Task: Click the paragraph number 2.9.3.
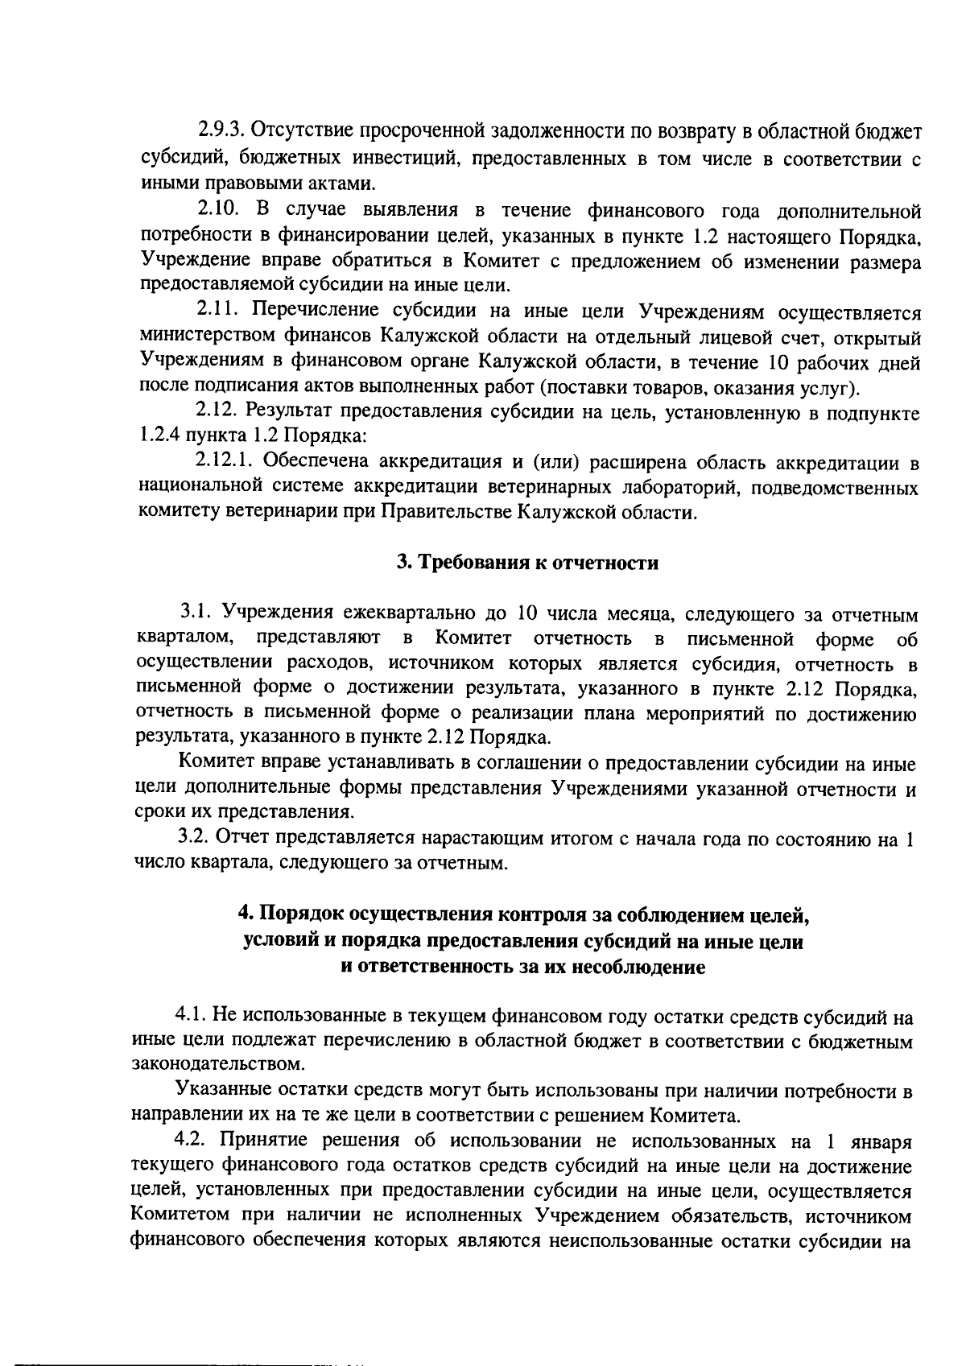click(221, 130)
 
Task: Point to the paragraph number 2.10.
click(217, 211)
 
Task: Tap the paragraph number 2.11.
click(217, 311)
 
